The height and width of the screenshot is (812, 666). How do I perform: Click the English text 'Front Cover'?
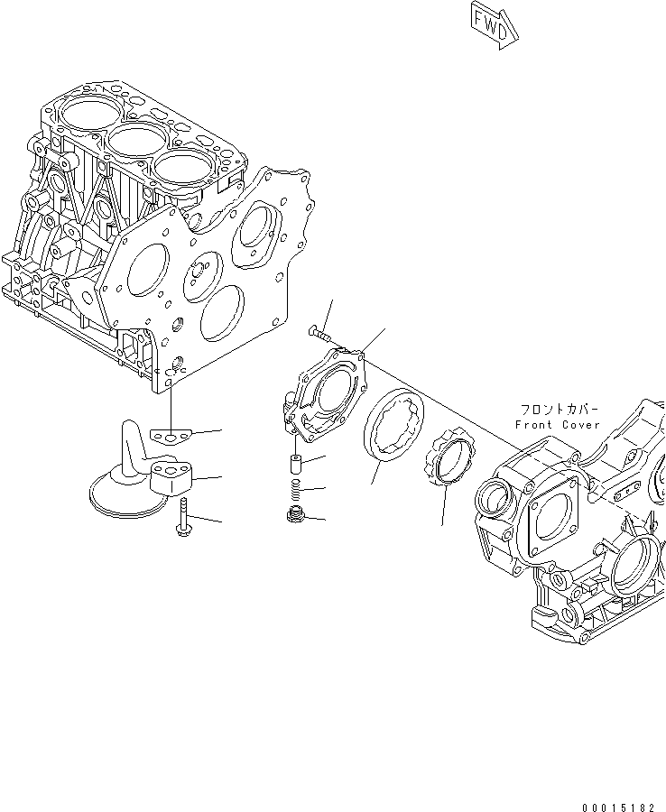pos(557,425)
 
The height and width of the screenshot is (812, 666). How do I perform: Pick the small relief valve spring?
pos(294,492)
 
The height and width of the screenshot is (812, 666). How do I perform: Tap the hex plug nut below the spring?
pos(293,517)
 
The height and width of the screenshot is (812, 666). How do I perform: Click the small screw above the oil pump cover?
pos(320,335)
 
